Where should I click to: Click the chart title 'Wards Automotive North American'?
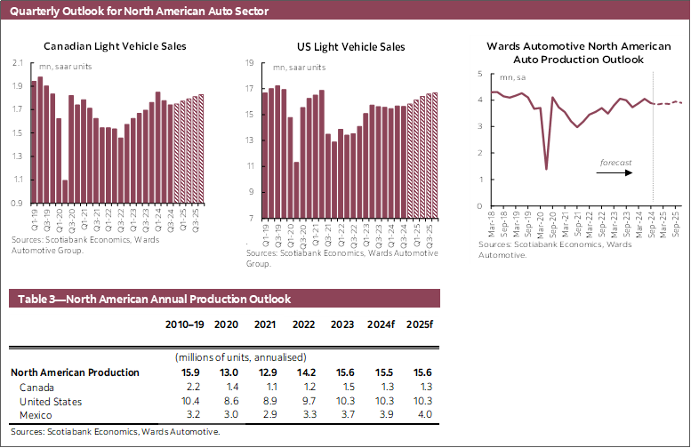(x=577, y=45)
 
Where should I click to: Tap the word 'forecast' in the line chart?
(x=615, y=163)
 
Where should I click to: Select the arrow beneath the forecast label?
(x=615, y=172)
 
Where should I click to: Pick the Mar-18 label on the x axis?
(x=491, y=222)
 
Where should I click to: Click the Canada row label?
(x=36, y=388)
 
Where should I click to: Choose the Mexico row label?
(x=36, y=414)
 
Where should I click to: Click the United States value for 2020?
(x=232, y=401)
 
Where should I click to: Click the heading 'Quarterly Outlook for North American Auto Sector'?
(x=140, y=12)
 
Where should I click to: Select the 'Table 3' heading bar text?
(x=149, y=300)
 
